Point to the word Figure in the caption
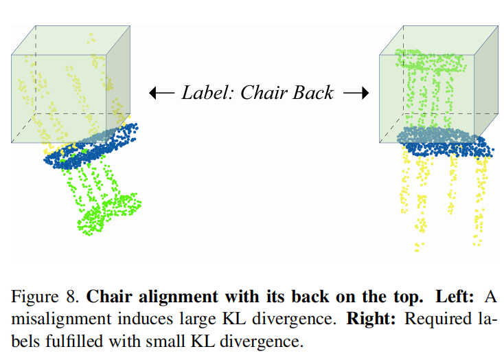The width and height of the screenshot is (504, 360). point(32,297)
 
